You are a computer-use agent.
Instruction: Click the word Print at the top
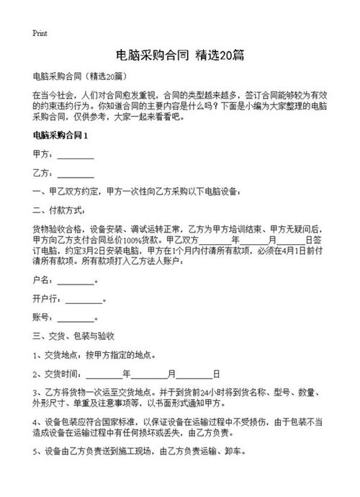click(40, 34)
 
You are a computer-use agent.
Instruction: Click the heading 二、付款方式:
click(59, 212)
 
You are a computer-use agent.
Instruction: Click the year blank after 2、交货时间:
click(104, 375)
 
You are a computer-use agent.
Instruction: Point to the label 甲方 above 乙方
click(41, 155)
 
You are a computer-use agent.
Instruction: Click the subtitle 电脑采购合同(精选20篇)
click(81, 76)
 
